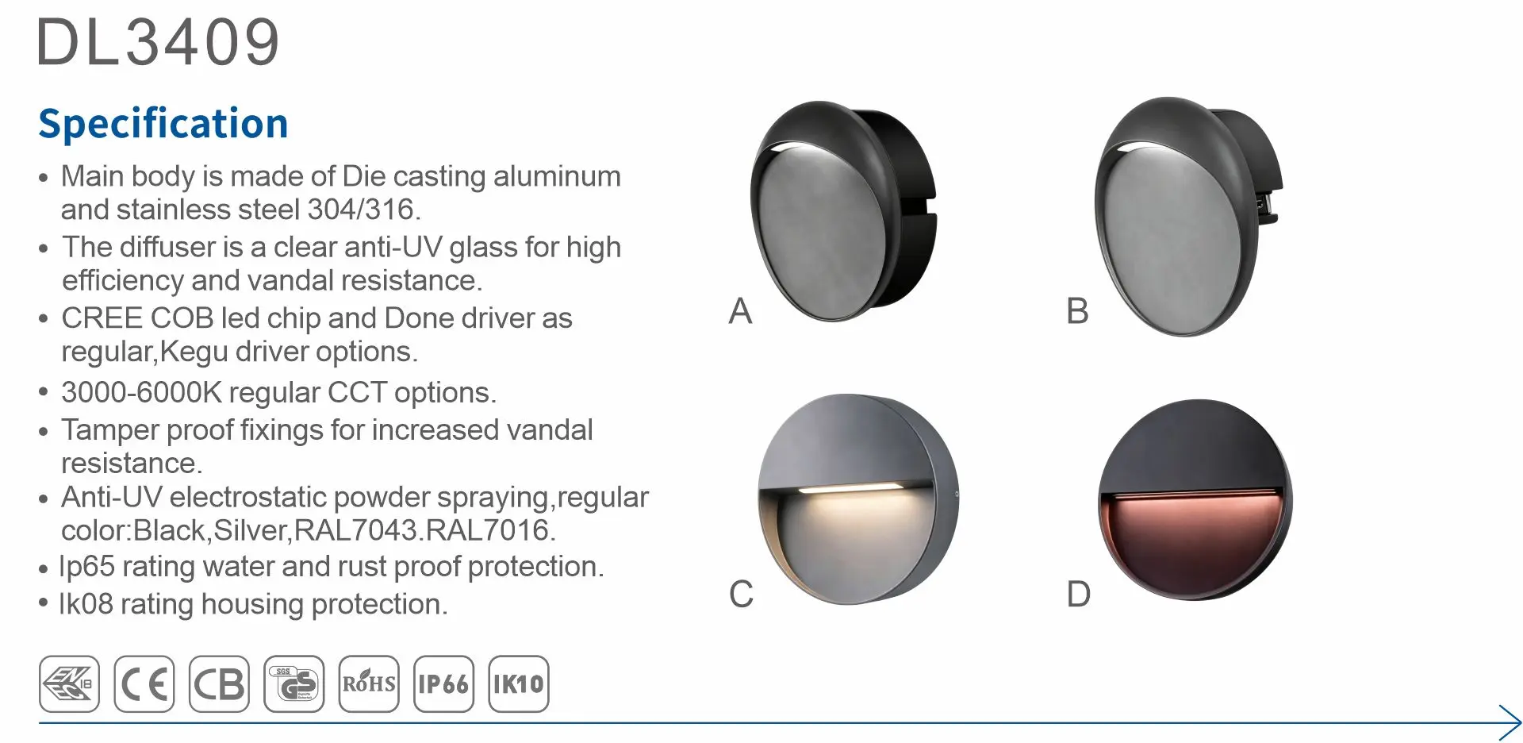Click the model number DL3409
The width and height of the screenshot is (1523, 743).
click(159, 42)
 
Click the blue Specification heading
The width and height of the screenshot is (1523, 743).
click(163, 124)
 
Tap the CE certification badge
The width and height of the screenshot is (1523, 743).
click(144, 683)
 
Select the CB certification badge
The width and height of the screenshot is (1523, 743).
click(219, 683)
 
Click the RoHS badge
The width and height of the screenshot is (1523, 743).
click(369, 683)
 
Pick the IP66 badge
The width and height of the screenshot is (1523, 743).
click(443, 683)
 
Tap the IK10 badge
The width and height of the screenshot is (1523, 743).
click(519, 683)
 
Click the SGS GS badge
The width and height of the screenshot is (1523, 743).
click(294, 683)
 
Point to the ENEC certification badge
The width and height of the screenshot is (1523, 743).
click(70, 683)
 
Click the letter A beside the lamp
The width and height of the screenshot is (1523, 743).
click(740, 310)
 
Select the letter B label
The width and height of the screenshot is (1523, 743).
click(1077, 310)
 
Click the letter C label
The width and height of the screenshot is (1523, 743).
click(741, 594)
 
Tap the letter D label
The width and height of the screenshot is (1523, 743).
click(1079, 594)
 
